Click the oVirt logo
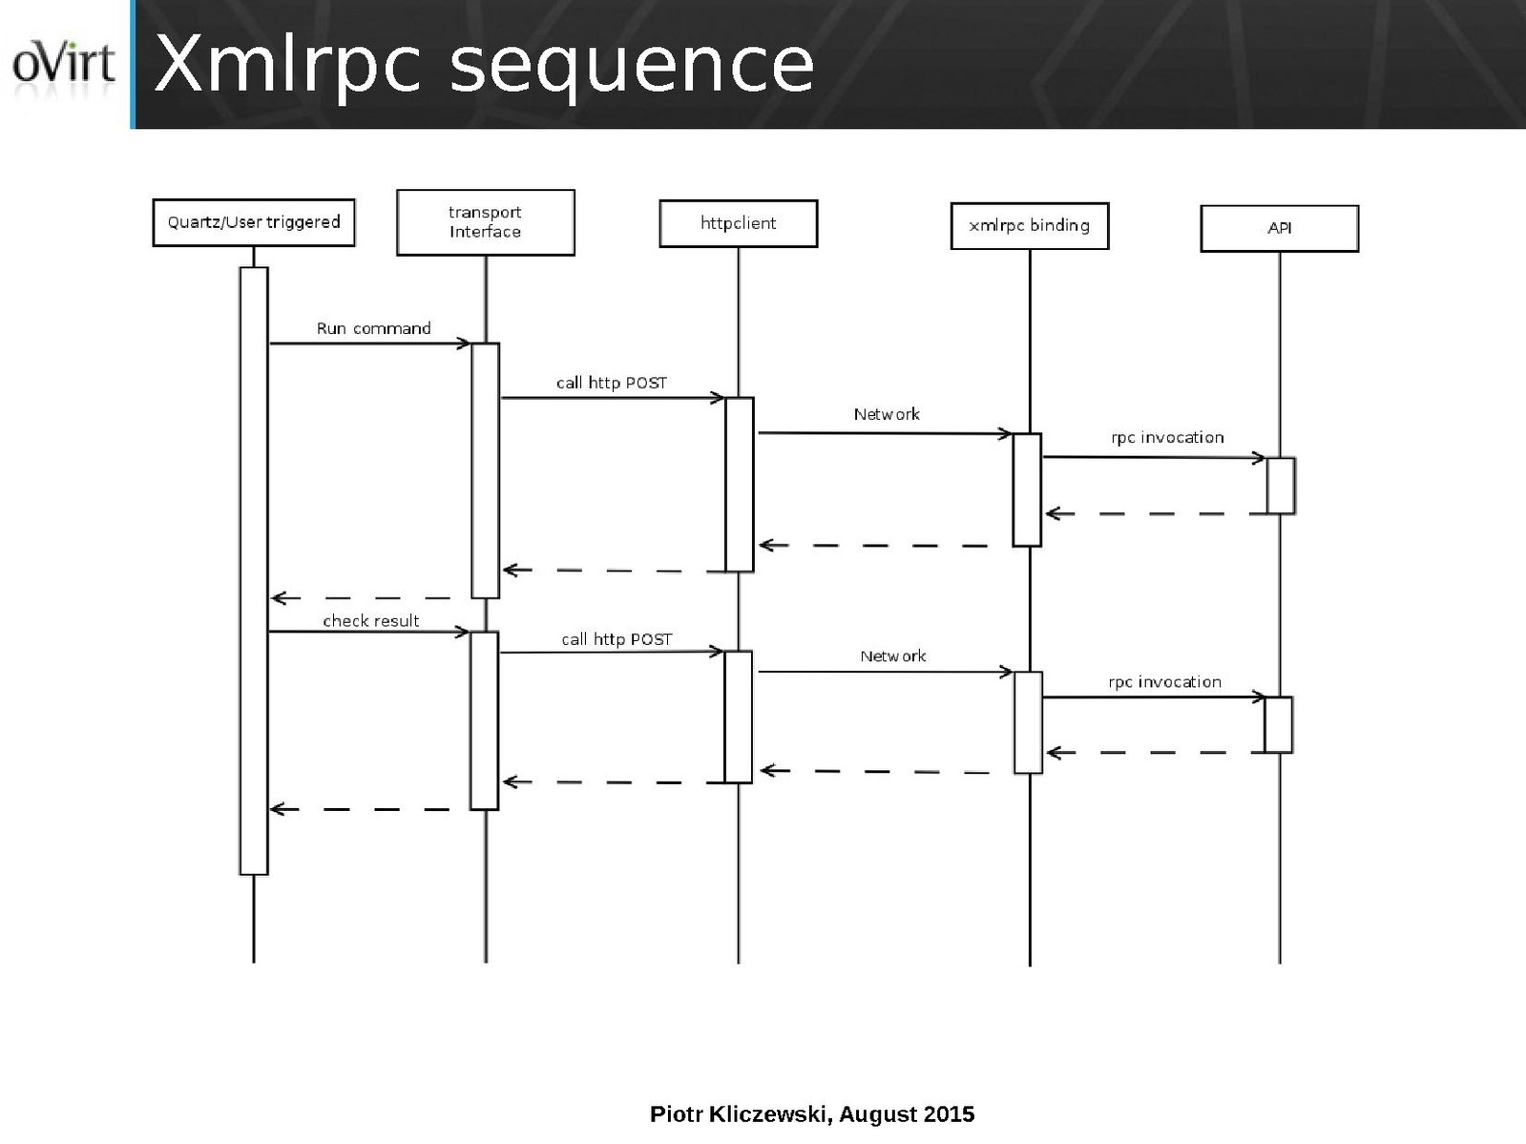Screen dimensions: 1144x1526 click(63, 65)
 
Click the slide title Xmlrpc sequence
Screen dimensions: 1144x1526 click(484, 65)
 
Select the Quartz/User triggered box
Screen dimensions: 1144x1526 click(254, 222)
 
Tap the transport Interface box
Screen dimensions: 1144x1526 click(485, 222)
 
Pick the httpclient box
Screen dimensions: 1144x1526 click(738, 223)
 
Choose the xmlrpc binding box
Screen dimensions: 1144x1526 click(1029, 226)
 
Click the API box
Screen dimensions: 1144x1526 click(1279, 228)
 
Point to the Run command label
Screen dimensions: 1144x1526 click(373, 328)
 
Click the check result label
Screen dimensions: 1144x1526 click(370, 621)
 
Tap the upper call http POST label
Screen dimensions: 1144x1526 click(612, 383)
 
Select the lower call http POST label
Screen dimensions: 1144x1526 click(617, 639)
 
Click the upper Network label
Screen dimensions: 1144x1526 click(887, 414)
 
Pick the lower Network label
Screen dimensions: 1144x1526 click(892, 656)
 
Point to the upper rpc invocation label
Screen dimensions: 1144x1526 click(1167, 438)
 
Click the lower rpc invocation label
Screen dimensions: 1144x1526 click(1164, 682)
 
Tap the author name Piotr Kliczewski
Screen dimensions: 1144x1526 click(741, 1114)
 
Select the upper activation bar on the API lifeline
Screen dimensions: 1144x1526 click(1281, 486)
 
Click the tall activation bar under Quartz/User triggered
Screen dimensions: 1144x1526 click(254, 571)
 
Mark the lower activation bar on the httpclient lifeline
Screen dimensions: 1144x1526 click(739, 717)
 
